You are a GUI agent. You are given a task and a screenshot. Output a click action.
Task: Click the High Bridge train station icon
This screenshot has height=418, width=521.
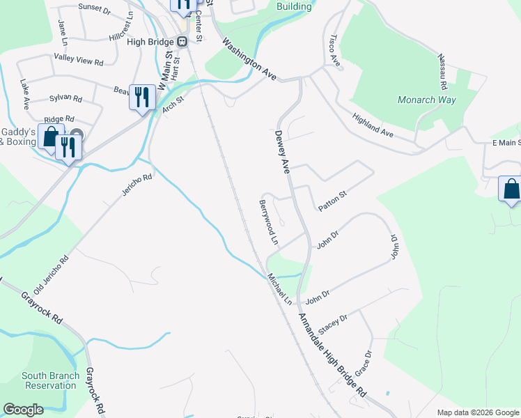(x=182, y=41)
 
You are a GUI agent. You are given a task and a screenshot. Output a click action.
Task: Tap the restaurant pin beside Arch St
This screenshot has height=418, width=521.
(x=142, y=97)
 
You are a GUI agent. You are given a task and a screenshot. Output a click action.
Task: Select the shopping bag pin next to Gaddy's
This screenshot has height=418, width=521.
(x=50, y=137)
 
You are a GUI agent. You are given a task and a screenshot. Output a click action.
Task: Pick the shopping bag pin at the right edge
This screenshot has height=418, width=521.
(x=511, y=189)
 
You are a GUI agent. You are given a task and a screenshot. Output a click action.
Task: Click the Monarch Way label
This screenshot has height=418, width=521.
(x=426, y=100)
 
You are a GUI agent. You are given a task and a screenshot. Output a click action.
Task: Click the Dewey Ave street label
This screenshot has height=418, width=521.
(x=282, y=151)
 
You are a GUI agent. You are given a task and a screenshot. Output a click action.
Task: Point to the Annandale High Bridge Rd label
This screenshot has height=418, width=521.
(x=332, y=355)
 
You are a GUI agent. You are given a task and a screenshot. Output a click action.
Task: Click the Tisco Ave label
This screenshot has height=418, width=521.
(x=334, y=51)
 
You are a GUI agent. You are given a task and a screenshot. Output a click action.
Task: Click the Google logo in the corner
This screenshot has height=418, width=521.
(x=23, y=410)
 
